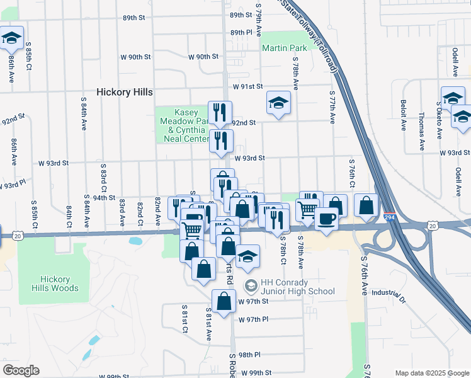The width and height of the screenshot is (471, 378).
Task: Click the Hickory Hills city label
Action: coord(125,92)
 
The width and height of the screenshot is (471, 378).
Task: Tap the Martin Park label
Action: coord(284,48)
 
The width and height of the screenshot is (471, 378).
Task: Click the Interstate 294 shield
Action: coord(390,216)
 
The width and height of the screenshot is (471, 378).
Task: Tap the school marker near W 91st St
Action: coord(278,103)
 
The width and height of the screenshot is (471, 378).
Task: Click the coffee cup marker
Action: coord(326,219)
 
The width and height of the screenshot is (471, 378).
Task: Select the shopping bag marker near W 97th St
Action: coord(224,301)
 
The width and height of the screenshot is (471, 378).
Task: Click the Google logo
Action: coord(20,370)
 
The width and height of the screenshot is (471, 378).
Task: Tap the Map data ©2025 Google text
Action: coord(432,373)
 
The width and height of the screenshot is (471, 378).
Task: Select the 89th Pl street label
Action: coord(241,32)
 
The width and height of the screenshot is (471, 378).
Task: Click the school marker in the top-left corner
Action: coord(11,38)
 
